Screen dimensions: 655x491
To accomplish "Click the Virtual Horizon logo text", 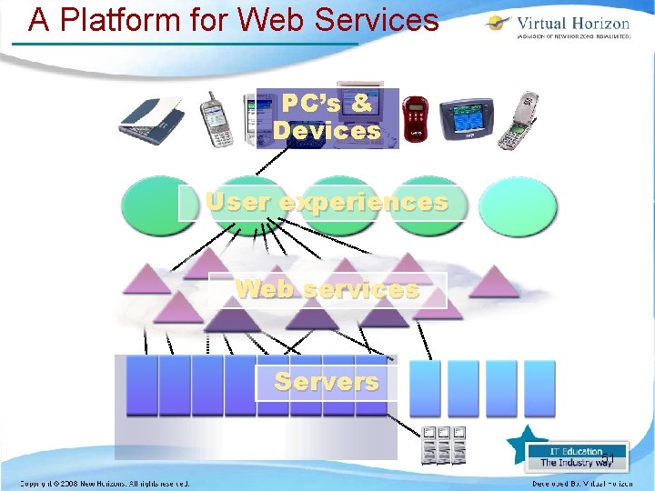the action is [x=572, y=24].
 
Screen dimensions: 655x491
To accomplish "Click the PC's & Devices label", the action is [x=326, y=117].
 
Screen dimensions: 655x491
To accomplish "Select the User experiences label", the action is [x=327, y=202].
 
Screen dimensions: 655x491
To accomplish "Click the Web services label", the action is [x=327, y=290].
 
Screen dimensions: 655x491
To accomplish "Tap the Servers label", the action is [x=326, y=381].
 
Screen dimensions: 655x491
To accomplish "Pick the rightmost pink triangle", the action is [x=494, y=282].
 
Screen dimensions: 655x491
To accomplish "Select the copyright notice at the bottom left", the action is [x=105, y=484].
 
